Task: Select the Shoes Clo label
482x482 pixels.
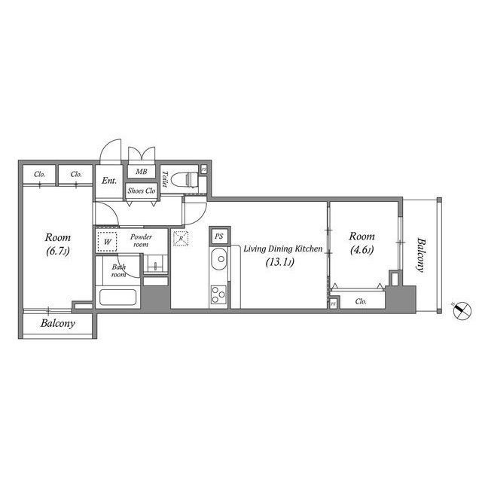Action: [141, 191]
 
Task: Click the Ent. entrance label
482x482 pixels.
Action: [109, 181]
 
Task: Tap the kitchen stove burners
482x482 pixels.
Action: [219, 293]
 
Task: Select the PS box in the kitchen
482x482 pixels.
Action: [218, 236]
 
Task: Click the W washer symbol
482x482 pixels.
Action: [107, 243]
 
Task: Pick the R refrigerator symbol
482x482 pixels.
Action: [180, 239]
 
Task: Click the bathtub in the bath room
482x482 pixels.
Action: [117, 296]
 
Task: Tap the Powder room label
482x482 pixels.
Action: [141, 242]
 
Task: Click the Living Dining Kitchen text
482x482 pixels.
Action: [283, 249]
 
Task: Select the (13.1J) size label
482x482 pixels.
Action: [279, 263]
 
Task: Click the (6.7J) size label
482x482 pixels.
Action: [58, 251]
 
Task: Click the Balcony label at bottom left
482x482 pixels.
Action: [57, 324]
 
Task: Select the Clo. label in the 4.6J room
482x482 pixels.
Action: [361, 302]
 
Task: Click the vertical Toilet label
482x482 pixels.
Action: [165, 182]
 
